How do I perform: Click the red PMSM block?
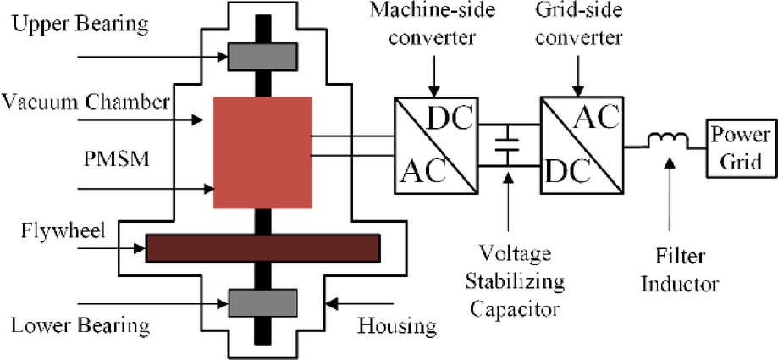coord(262,152)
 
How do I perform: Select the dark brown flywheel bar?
coord(262,247)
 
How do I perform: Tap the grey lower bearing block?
coord(262,302)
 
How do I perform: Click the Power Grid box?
coord(740,147)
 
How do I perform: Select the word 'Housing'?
coord(396,324)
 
